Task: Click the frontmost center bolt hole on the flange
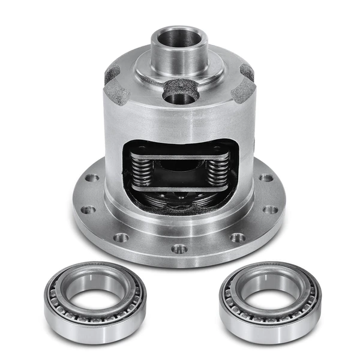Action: pyautogui.click(x=179, y=248)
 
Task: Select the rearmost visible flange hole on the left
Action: pyautogui.click(x=92, y=178)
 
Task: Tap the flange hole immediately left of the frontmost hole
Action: pyautogui.click(x=121, y=238)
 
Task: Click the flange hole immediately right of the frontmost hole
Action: pyautogui.click(x=237, y=238)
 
